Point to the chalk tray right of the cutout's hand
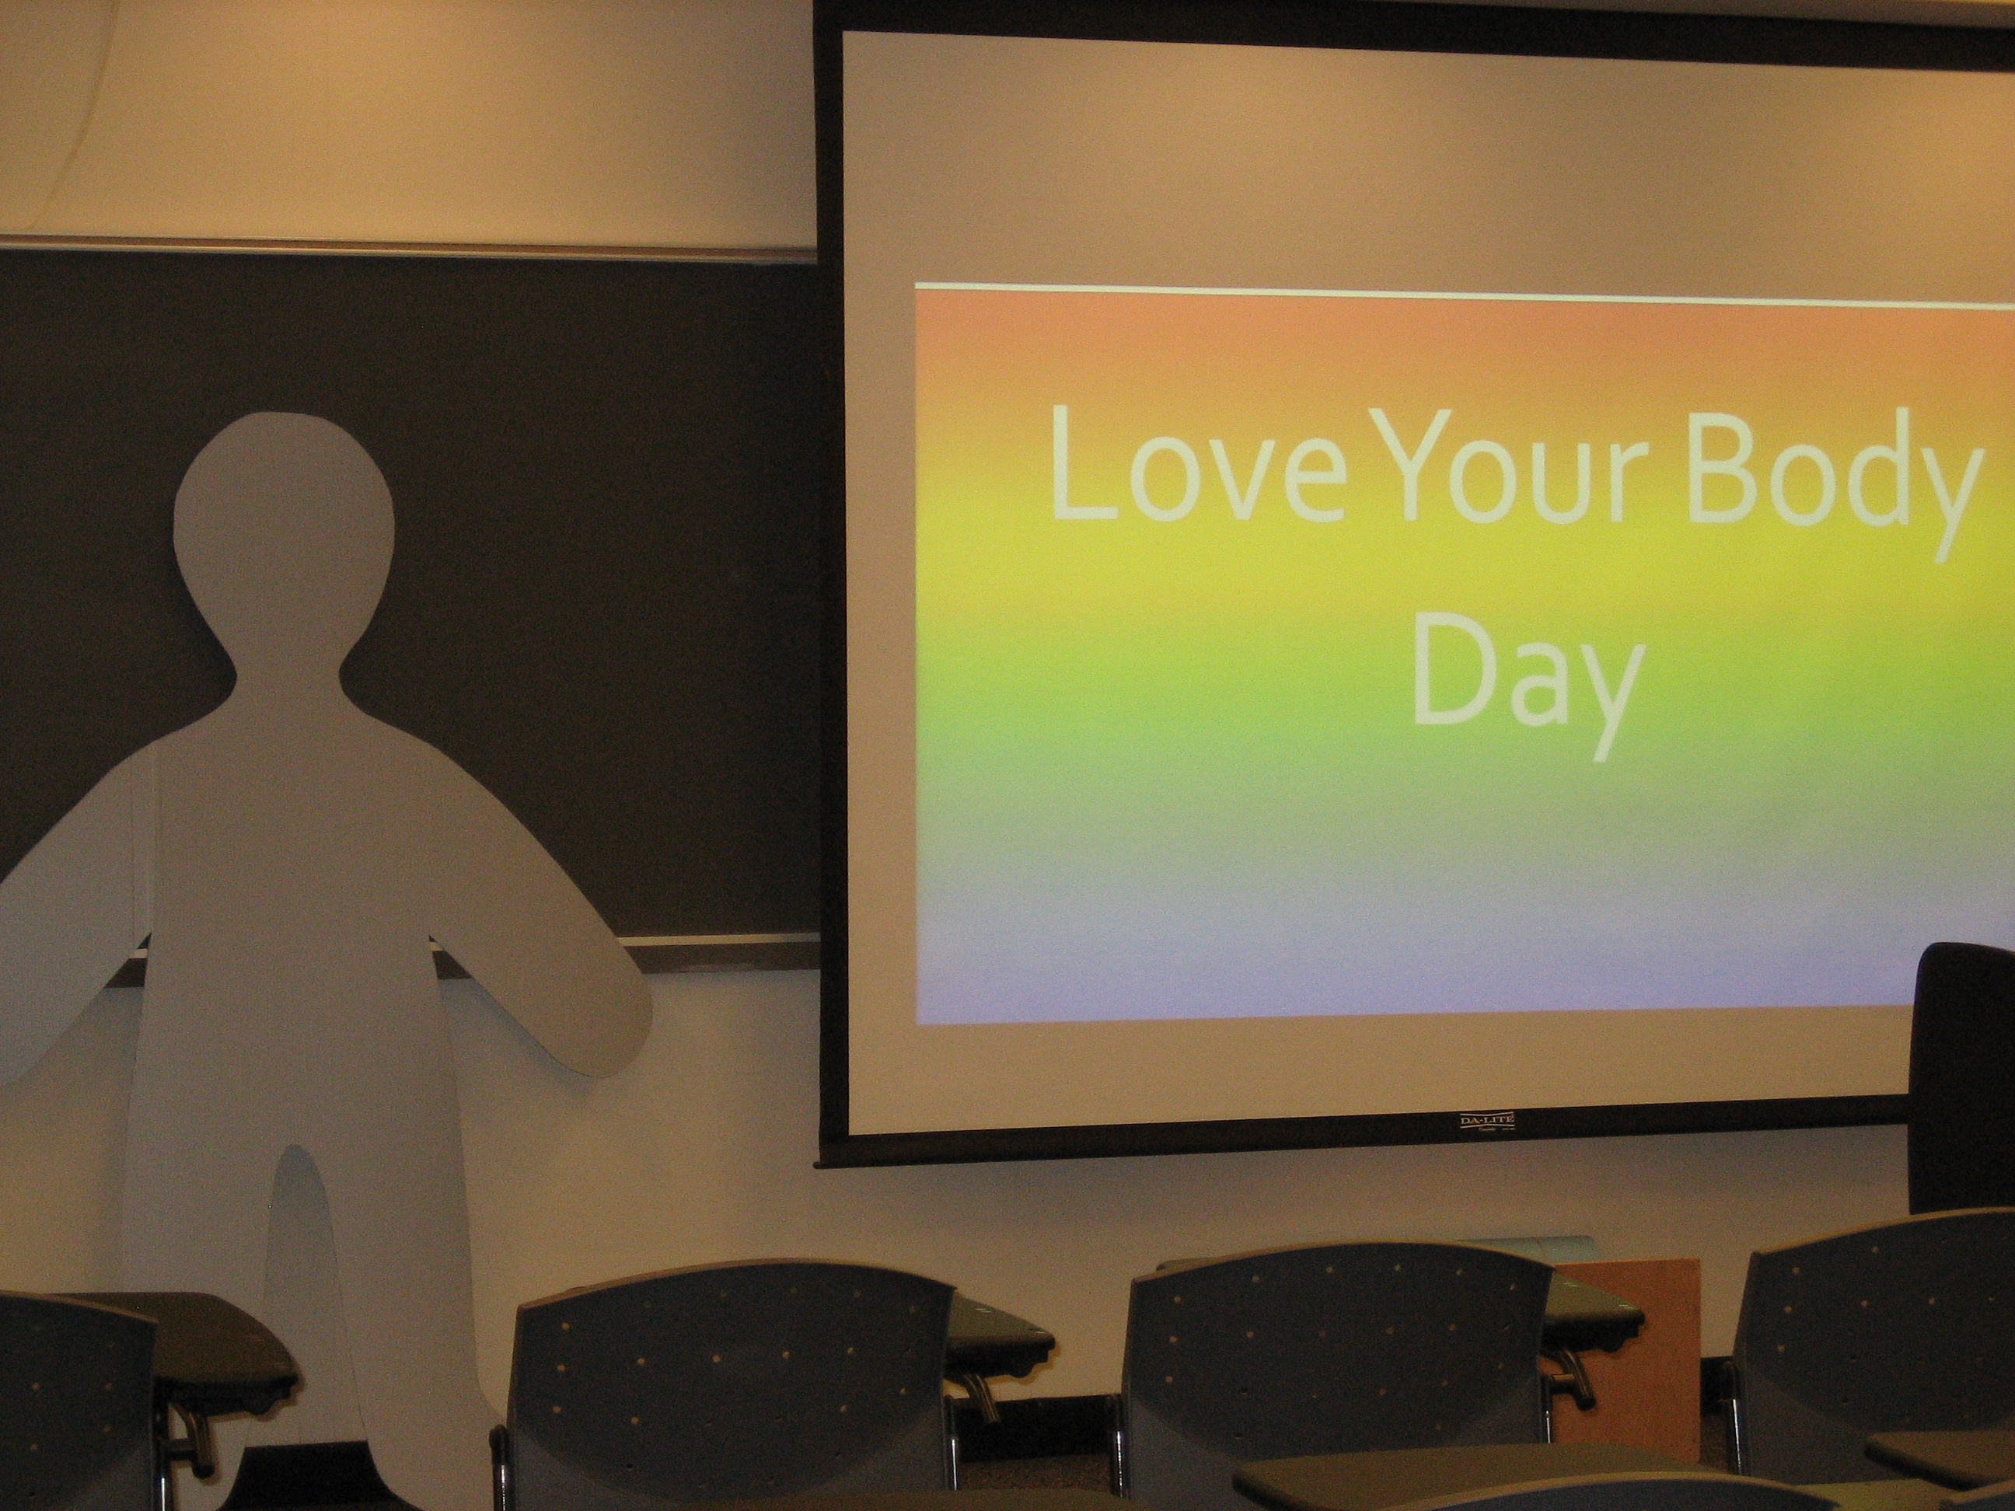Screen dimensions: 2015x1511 click(x=728, y=954)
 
